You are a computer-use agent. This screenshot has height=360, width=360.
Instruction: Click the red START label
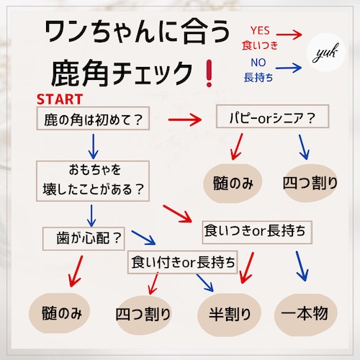[x=60, y=99]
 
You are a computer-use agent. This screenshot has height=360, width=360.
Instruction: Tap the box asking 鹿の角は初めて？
[x=93, y=119]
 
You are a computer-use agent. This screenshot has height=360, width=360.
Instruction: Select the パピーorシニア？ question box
[x=272, y=117]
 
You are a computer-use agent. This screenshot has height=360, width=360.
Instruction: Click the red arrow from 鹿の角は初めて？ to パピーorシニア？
[x=185, y=120]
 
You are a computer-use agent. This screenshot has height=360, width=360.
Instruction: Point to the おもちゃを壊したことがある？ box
[x=93, y=181]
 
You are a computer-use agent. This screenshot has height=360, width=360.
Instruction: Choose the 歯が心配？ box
[x=84, y=238]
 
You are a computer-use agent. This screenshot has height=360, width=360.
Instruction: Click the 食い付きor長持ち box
[x=183, y=262]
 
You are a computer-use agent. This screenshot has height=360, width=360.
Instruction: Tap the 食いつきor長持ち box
[x=257, y=232]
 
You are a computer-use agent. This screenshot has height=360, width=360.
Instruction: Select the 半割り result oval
[x=229, y=314]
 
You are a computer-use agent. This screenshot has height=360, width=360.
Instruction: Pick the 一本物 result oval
[x=306, y=314]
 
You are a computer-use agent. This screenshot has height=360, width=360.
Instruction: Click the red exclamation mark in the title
[x=209, y=73]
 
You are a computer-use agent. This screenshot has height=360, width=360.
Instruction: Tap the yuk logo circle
[x=326, y=53]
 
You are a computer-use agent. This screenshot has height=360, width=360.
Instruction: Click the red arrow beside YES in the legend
[x=289, y=35]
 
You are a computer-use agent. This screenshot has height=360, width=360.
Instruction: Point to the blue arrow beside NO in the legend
[x=289, y=68]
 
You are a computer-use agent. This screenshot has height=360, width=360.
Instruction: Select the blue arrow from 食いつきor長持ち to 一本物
[x=302, y=266]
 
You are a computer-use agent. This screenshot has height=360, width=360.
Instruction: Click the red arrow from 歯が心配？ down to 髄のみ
[x=76, y=271]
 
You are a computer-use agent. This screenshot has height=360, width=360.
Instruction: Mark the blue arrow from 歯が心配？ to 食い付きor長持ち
[x=143, y=238]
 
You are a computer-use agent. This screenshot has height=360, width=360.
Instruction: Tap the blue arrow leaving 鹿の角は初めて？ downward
[x=93, y=146]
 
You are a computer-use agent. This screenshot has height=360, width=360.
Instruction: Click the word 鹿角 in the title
[x=80, y=73]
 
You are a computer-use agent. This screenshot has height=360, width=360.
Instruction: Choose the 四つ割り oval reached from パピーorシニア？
[x=310, y=183]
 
